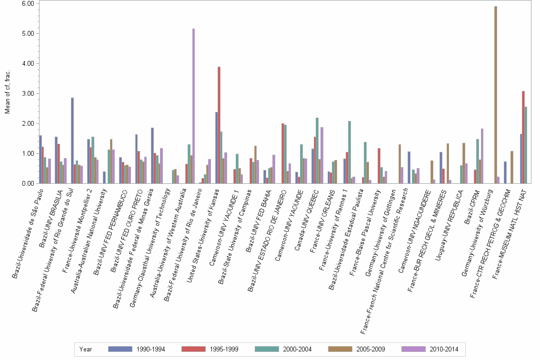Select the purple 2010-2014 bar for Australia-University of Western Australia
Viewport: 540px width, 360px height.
pyautogui.click(x=194, y=106)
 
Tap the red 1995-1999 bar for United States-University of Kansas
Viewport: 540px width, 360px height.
pyautogui.click(x=219, y=125)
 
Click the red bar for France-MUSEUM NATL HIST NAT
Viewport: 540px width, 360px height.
pyautogui.click(x=523, y=137)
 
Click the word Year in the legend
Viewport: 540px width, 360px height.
pyautogui.click(x=86, y=349)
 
